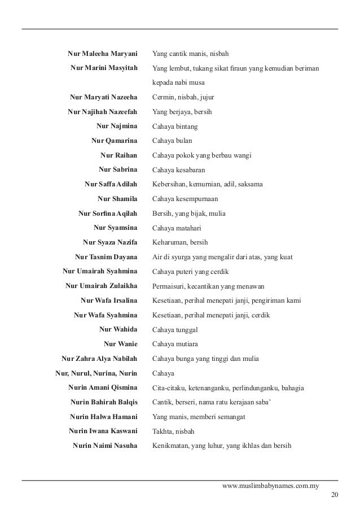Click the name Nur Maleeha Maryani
102,54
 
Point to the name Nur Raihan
118,155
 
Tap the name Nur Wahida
118,329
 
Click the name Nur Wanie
121,344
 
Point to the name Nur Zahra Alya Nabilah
99,359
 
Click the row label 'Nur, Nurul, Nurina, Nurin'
96,373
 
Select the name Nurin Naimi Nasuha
105,446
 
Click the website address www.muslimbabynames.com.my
271,485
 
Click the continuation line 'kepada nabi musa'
181,83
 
